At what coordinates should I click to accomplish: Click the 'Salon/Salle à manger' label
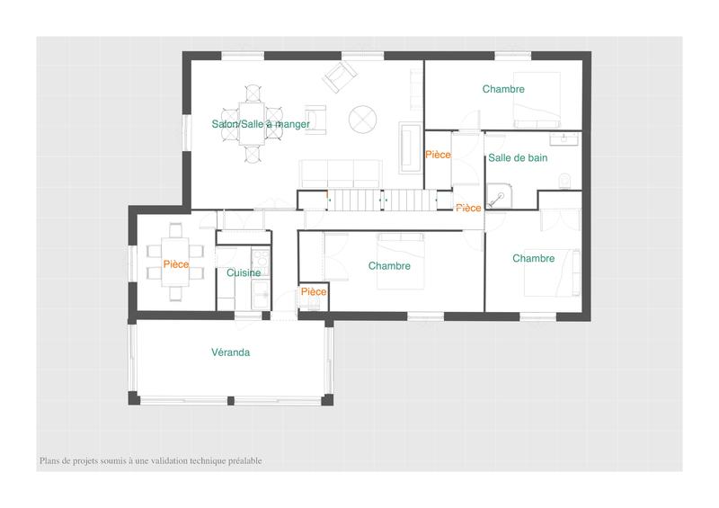261,124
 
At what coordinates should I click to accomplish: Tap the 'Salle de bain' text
518,157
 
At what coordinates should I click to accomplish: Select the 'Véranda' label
230,352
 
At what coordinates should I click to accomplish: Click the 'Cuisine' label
244,272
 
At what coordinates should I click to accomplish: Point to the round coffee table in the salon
362,117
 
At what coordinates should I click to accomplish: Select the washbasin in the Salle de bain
567,138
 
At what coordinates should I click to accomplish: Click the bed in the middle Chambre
400,261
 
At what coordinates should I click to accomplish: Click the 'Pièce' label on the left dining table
176,264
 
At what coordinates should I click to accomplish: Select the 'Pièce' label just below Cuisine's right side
314,292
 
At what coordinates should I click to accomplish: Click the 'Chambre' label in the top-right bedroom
503,89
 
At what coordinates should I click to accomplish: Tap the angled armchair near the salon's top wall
339,77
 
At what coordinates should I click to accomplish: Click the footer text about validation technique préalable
151,460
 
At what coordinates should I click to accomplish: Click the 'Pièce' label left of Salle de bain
438,155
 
